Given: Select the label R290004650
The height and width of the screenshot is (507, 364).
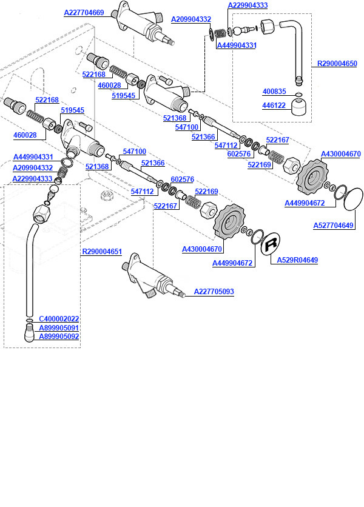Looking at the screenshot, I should click(337, 63).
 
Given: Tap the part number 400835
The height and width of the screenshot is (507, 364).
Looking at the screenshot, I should click(274, 92).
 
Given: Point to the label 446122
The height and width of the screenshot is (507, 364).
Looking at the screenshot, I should click(274, 105).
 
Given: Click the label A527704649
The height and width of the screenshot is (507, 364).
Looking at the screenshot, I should click(333, 226).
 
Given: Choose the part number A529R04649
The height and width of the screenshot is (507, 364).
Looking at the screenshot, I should click(297, 260).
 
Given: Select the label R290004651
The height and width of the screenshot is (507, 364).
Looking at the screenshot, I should click(102, 251).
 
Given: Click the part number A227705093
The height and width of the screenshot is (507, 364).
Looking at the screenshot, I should click(214, 292).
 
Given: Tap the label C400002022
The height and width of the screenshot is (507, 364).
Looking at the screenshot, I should click(59, 319).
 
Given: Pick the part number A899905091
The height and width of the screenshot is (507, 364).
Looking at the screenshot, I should click(59, 327).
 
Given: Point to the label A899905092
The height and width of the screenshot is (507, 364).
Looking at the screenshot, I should click(59, 336).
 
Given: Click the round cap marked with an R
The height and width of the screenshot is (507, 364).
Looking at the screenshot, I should click(271, 244).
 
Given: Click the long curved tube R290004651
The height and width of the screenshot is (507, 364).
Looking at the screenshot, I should click(28, 267).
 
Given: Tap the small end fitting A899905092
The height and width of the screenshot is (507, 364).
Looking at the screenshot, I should click(29, 333).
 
